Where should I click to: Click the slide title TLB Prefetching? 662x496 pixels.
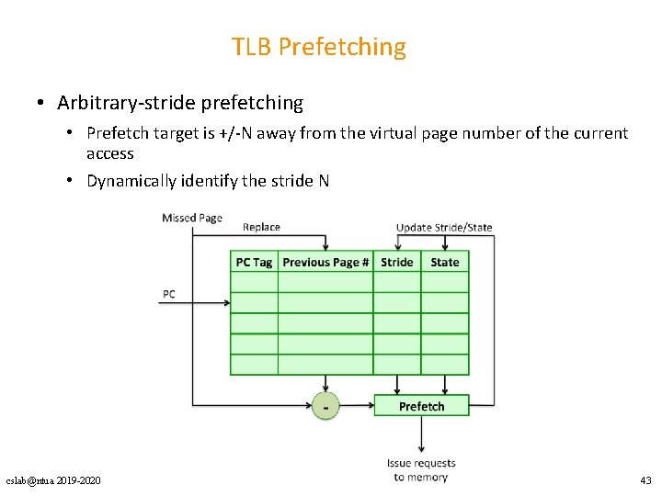(318, 46)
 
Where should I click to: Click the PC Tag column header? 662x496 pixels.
(254, 263)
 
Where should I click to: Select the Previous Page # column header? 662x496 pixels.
(325, 263)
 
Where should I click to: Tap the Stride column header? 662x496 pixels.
(397, 263)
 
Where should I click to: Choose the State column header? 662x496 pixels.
(445, 263)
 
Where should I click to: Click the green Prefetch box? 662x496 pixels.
(421, 406)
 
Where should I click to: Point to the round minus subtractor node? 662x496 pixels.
(325, 405)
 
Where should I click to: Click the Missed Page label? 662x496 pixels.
(192, 218)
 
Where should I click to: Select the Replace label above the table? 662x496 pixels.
(261, 227)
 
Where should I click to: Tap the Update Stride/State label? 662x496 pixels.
(444, 227)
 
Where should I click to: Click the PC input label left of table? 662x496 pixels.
(169, 295)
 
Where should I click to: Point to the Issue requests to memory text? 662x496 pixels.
(420, 470)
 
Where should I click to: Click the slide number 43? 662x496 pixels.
(645, 481)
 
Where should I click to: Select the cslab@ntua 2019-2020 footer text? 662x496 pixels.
(53, 481)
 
